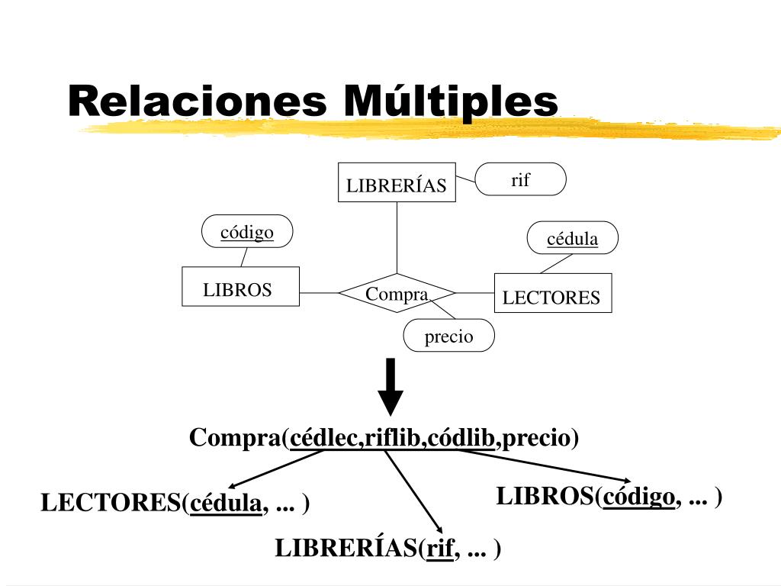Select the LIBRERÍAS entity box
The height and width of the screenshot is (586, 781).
(397, 183)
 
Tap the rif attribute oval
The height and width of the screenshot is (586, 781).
(521, 180)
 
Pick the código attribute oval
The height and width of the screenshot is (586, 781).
(247, 231)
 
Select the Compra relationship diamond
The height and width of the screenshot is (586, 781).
(397, 293)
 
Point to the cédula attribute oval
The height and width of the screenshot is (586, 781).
(573, 239)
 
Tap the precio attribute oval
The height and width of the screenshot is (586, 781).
(448, 336)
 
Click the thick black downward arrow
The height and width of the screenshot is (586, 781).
(390, 386)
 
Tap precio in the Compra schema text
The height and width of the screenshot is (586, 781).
(537, 438)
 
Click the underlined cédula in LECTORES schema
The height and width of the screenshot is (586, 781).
(225, 504)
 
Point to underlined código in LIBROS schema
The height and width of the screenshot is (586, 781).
(638, 497)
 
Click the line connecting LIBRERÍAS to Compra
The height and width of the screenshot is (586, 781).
(397, 237)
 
